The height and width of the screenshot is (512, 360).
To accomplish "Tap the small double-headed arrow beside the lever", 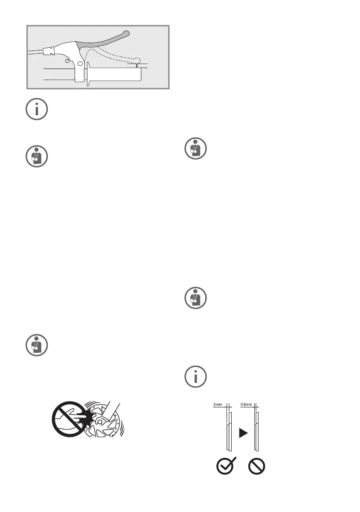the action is point(137,66).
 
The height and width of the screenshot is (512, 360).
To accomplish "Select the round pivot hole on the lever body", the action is point(80,63).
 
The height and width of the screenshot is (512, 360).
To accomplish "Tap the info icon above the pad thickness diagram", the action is point(195,377).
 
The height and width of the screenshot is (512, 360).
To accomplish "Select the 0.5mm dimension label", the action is point(246,404).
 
